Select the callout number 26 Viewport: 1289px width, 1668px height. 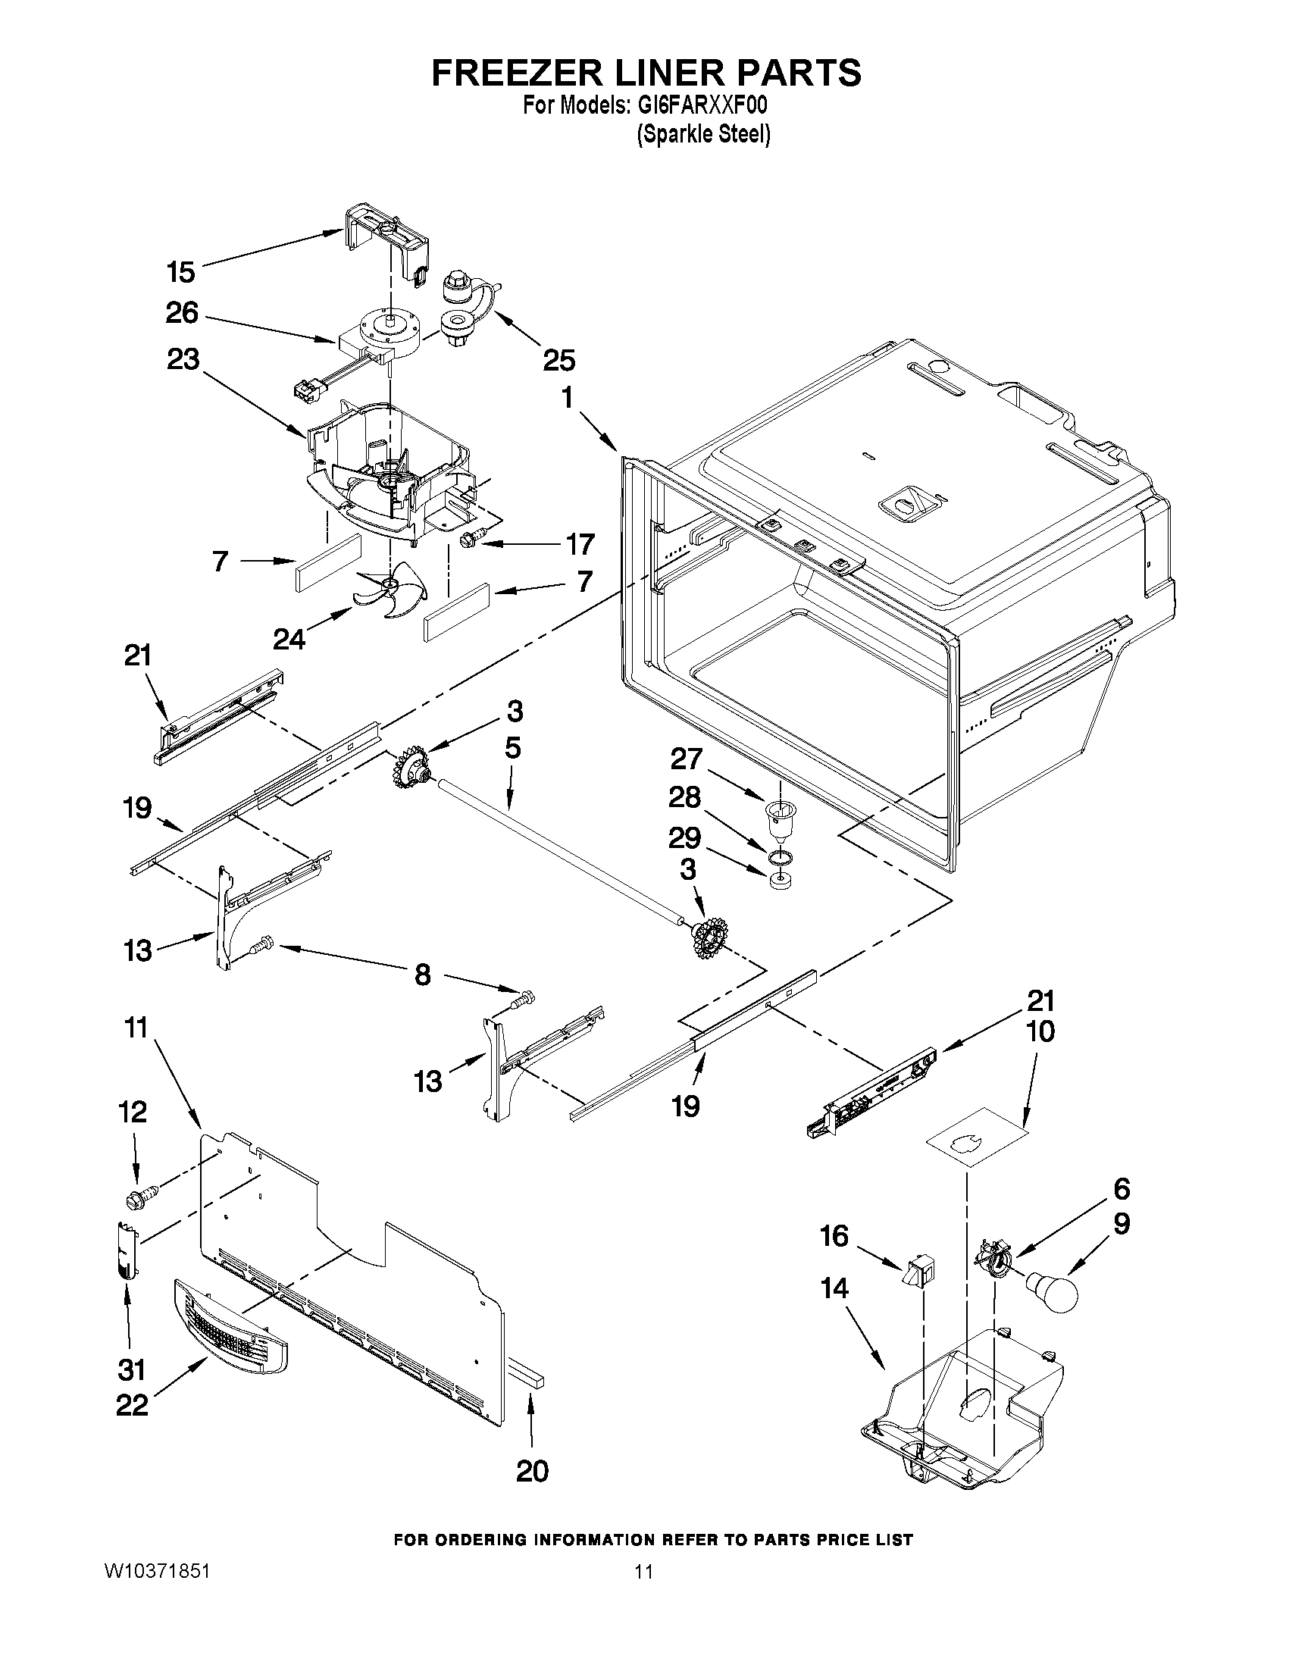182,312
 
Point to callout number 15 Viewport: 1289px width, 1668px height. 181,271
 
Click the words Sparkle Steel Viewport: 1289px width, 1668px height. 703,135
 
